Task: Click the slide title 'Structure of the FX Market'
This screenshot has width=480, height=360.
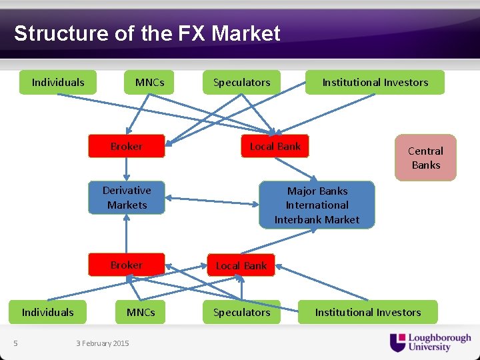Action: click(x=147, y=33)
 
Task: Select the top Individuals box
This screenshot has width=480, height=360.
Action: click(x=58, y=83)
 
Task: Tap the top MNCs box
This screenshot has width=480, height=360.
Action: click(x=149, y=83)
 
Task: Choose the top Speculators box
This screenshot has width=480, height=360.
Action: click(x=241, y=83)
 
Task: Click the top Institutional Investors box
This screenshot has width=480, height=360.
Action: click(x=375, y=83)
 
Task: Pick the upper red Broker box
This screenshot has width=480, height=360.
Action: click(x=127, y=146)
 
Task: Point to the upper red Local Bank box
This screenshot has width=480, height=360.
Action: click(x=275, y=146)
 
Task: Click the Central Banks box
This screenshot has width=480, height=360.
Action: click(x=425, y=158)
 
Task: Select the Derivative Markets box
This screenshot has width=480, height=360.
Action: click(x=127, y=197)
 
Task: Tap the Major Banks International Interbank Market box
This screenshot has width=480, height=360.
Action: click(x=317, y=205)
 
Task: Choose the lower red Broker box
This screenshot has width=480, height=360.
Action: click(x=127, y=265)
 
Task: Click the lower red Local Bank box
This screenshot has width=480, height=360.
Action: click(x=241, y=265)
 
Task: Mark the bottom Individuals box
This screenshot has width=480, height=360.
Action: click(x=47, y=312)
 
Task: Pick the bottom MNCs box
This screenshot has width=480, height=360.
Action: click(x=141, y=312)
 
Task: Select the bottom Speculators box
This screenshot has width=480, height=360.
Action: click(x=241, y=312)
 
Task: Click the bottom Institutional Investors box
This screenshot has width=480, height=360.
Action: click(x=367, y=312)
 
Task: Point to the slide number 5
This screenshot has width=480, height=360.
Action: click(x=15, y=343)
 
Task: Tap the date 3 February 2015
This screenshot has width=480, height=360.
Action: click(x=103, y=343)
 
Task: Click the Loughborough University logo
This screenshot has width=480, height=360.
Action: click(x=430, y=342)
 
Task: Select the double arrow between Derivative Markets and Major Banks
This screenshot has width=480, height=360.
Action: click(x=212, y=200)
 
